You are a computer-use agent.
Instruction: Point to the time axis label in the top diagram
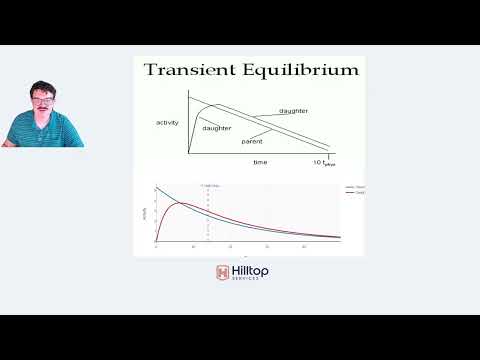tap(259, 161)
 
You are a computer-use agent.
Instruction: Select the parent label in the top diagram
tap(252, 142)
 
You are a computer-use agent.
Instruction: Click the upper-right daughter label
tap(293, 110)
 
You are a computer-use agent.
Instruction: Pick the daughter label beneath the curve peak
tap(217, 128)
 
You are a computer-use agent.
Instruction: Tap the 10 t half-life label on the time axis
tap(323, 161)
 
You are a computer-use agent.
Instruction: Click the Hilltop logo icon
tap(222, 272)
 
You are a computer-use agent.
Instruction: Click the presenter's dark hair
tap(40, 88)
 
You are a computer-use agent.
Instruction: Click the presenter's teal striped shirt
tap(45, 132)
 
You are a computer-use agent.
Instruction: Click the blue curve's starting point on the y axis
tap(156, 188)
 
